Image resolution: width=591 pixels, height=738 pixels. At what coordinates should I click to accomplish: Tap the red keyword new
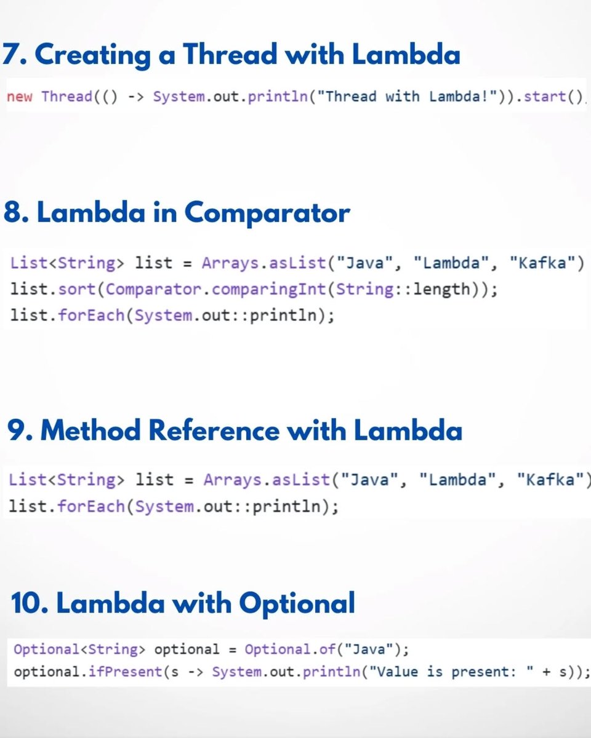point(20,97)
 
